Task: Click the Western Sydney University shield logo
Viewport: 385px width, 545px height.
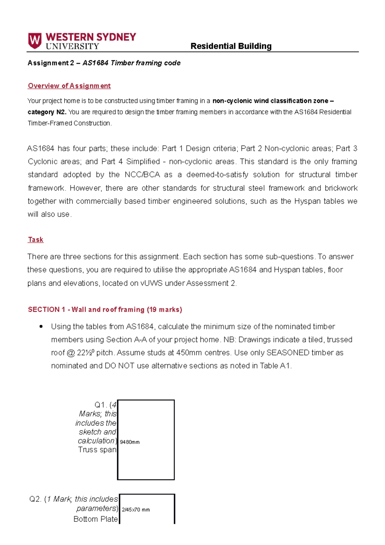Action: (x=35, y=41)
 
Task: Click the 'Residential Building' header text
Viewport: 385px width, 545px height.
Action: (x=231, y=46)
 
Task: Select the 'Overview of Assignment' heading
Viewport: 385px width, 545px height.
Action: (x=69, y=86)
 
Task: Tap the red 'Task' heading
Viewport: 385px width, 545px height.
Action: (x=36, y=239)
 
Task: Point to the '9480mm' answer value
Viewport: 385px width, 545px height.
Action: (x=130, y=442)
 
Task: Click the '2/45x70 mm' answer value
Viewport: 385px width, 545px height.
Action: (x=136, y=510)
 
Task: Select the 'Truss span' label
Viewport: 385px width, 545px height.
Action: (x=97, y=450)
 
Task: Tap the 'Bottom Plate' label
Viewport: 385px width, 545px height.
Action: (x=96, y=519)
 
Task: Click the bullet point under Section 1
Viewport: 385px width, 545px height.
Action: (x=41, y=327)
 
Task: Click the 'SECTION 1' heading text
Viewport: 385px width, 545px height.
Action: (x=46, y=309)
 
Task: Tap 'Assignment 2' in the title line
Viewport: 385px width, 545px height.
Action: (x=51, y=63)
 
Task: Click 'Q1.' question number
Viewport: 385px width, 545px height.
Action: (x=101, y=405)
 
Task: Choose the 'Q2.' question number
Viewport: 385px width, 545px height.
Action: (x=35, y=499)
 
